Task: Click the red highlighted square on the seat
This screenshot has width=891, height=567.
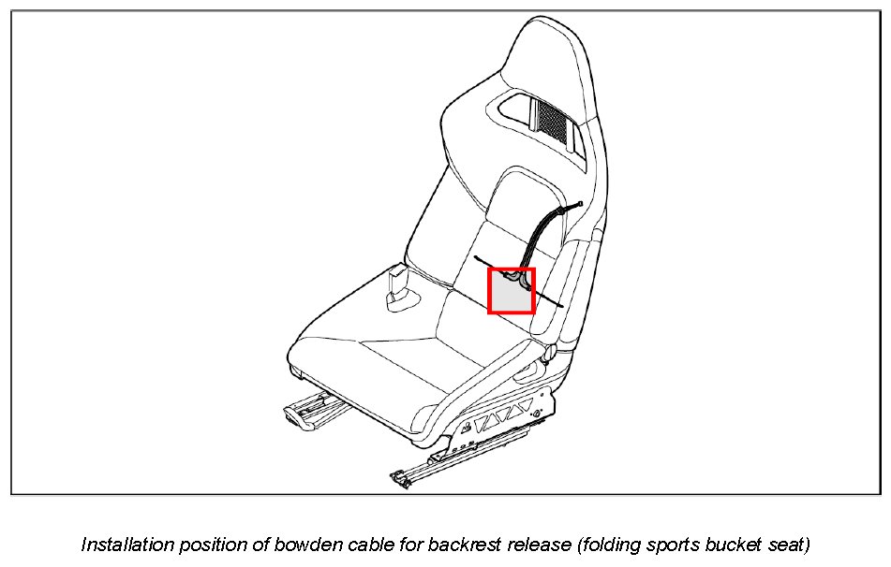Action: pos(512,291)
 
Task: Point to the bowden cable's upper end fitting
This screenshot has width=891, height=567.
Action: pos(581,204)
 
